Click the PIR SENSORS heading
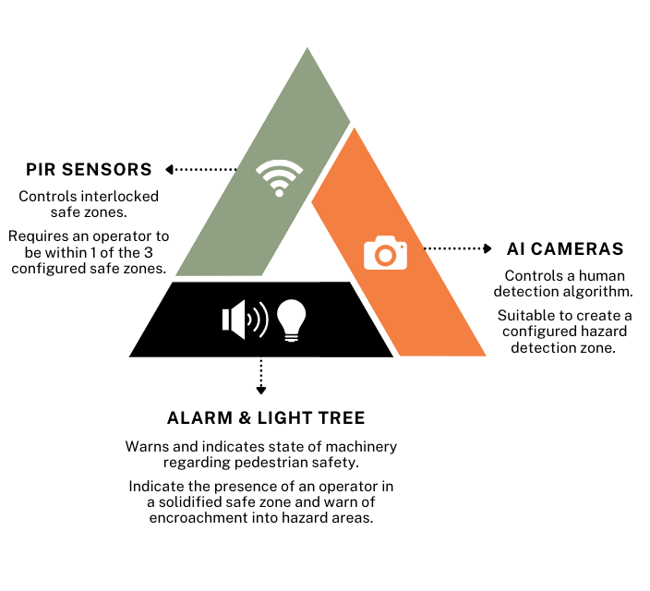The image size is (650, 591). coord(89,170)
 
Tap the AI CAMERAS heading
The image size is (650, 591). coord(565,248)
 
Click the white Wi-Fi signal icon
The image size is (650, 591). coord(280,177)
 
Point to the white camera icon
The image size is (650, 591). coord(385,252)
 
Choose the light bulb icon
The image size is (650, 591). coord(291,320)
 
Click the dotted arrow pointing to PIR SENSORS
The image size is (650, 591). coord(201,170)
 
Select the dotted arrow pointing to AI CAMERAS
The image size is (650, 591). coord(457,248)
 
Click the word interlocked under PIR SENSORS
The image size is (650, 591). coord(119,197)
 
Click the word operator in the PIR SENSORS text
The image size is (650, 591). coord(123,236)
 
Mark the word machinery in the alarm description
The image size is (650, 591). coord(364,447)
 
